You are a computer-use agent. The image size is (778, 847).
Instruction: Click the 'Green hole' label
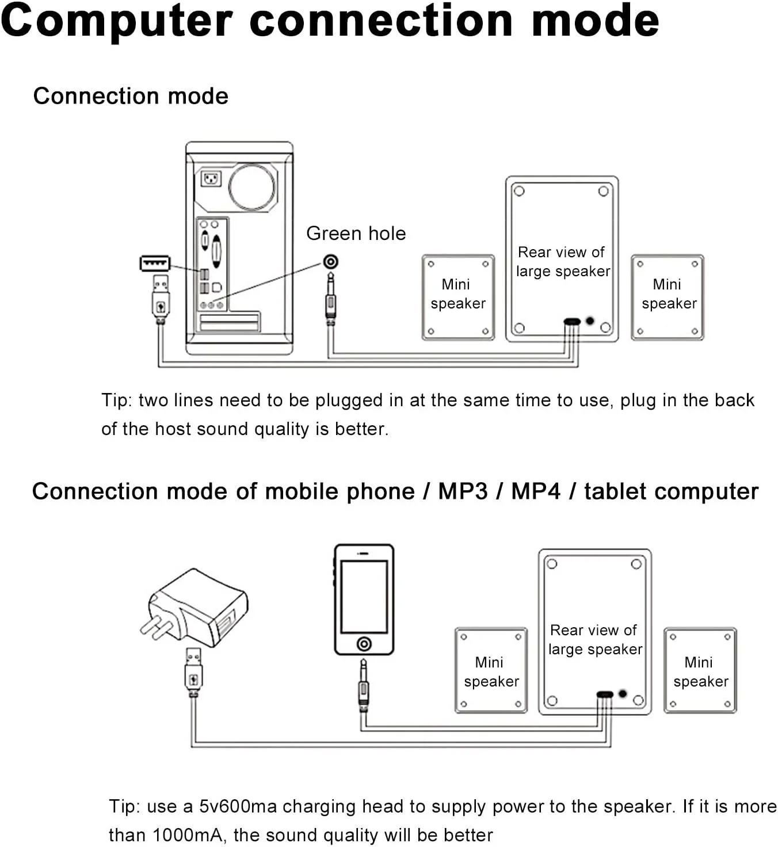pos(356,233)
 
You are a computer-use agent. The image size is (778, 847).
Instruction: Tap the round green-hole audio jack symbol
pos(330,262)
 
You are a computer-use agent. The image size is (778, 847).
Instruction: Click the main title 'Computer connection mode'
pos(330,21)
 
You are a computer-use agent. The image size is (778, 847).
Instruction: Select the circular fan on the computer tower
pos(252,186)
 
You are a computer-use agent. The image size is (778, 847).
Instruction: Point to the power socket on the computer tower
pos(211,179)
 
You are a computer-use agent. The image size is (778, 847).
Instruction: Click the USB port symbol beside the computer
pos(155,264)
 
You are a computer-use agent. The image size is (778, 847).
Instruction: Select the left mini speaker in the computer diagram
pos(458,297)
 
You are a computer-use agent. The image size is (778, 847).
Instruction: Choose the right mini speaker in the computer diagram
pos(668,297)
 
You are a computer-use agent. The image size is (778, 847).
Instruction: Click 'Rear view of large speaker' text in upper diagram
pos(562,261)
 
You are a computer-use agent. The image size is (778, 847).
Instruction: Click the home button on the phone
pos(364,643)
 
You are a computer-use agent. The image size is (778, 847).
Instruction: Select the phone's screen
pos(364,596)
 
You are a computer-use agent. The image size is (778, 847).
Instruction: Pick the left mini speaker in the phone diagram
pos(491,671)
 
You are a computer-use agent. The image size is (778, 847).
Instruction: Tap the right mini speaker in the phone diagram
pos(700,671)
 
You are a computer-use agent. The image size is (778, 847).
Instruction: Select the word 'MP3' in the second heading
pos(462,491)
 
